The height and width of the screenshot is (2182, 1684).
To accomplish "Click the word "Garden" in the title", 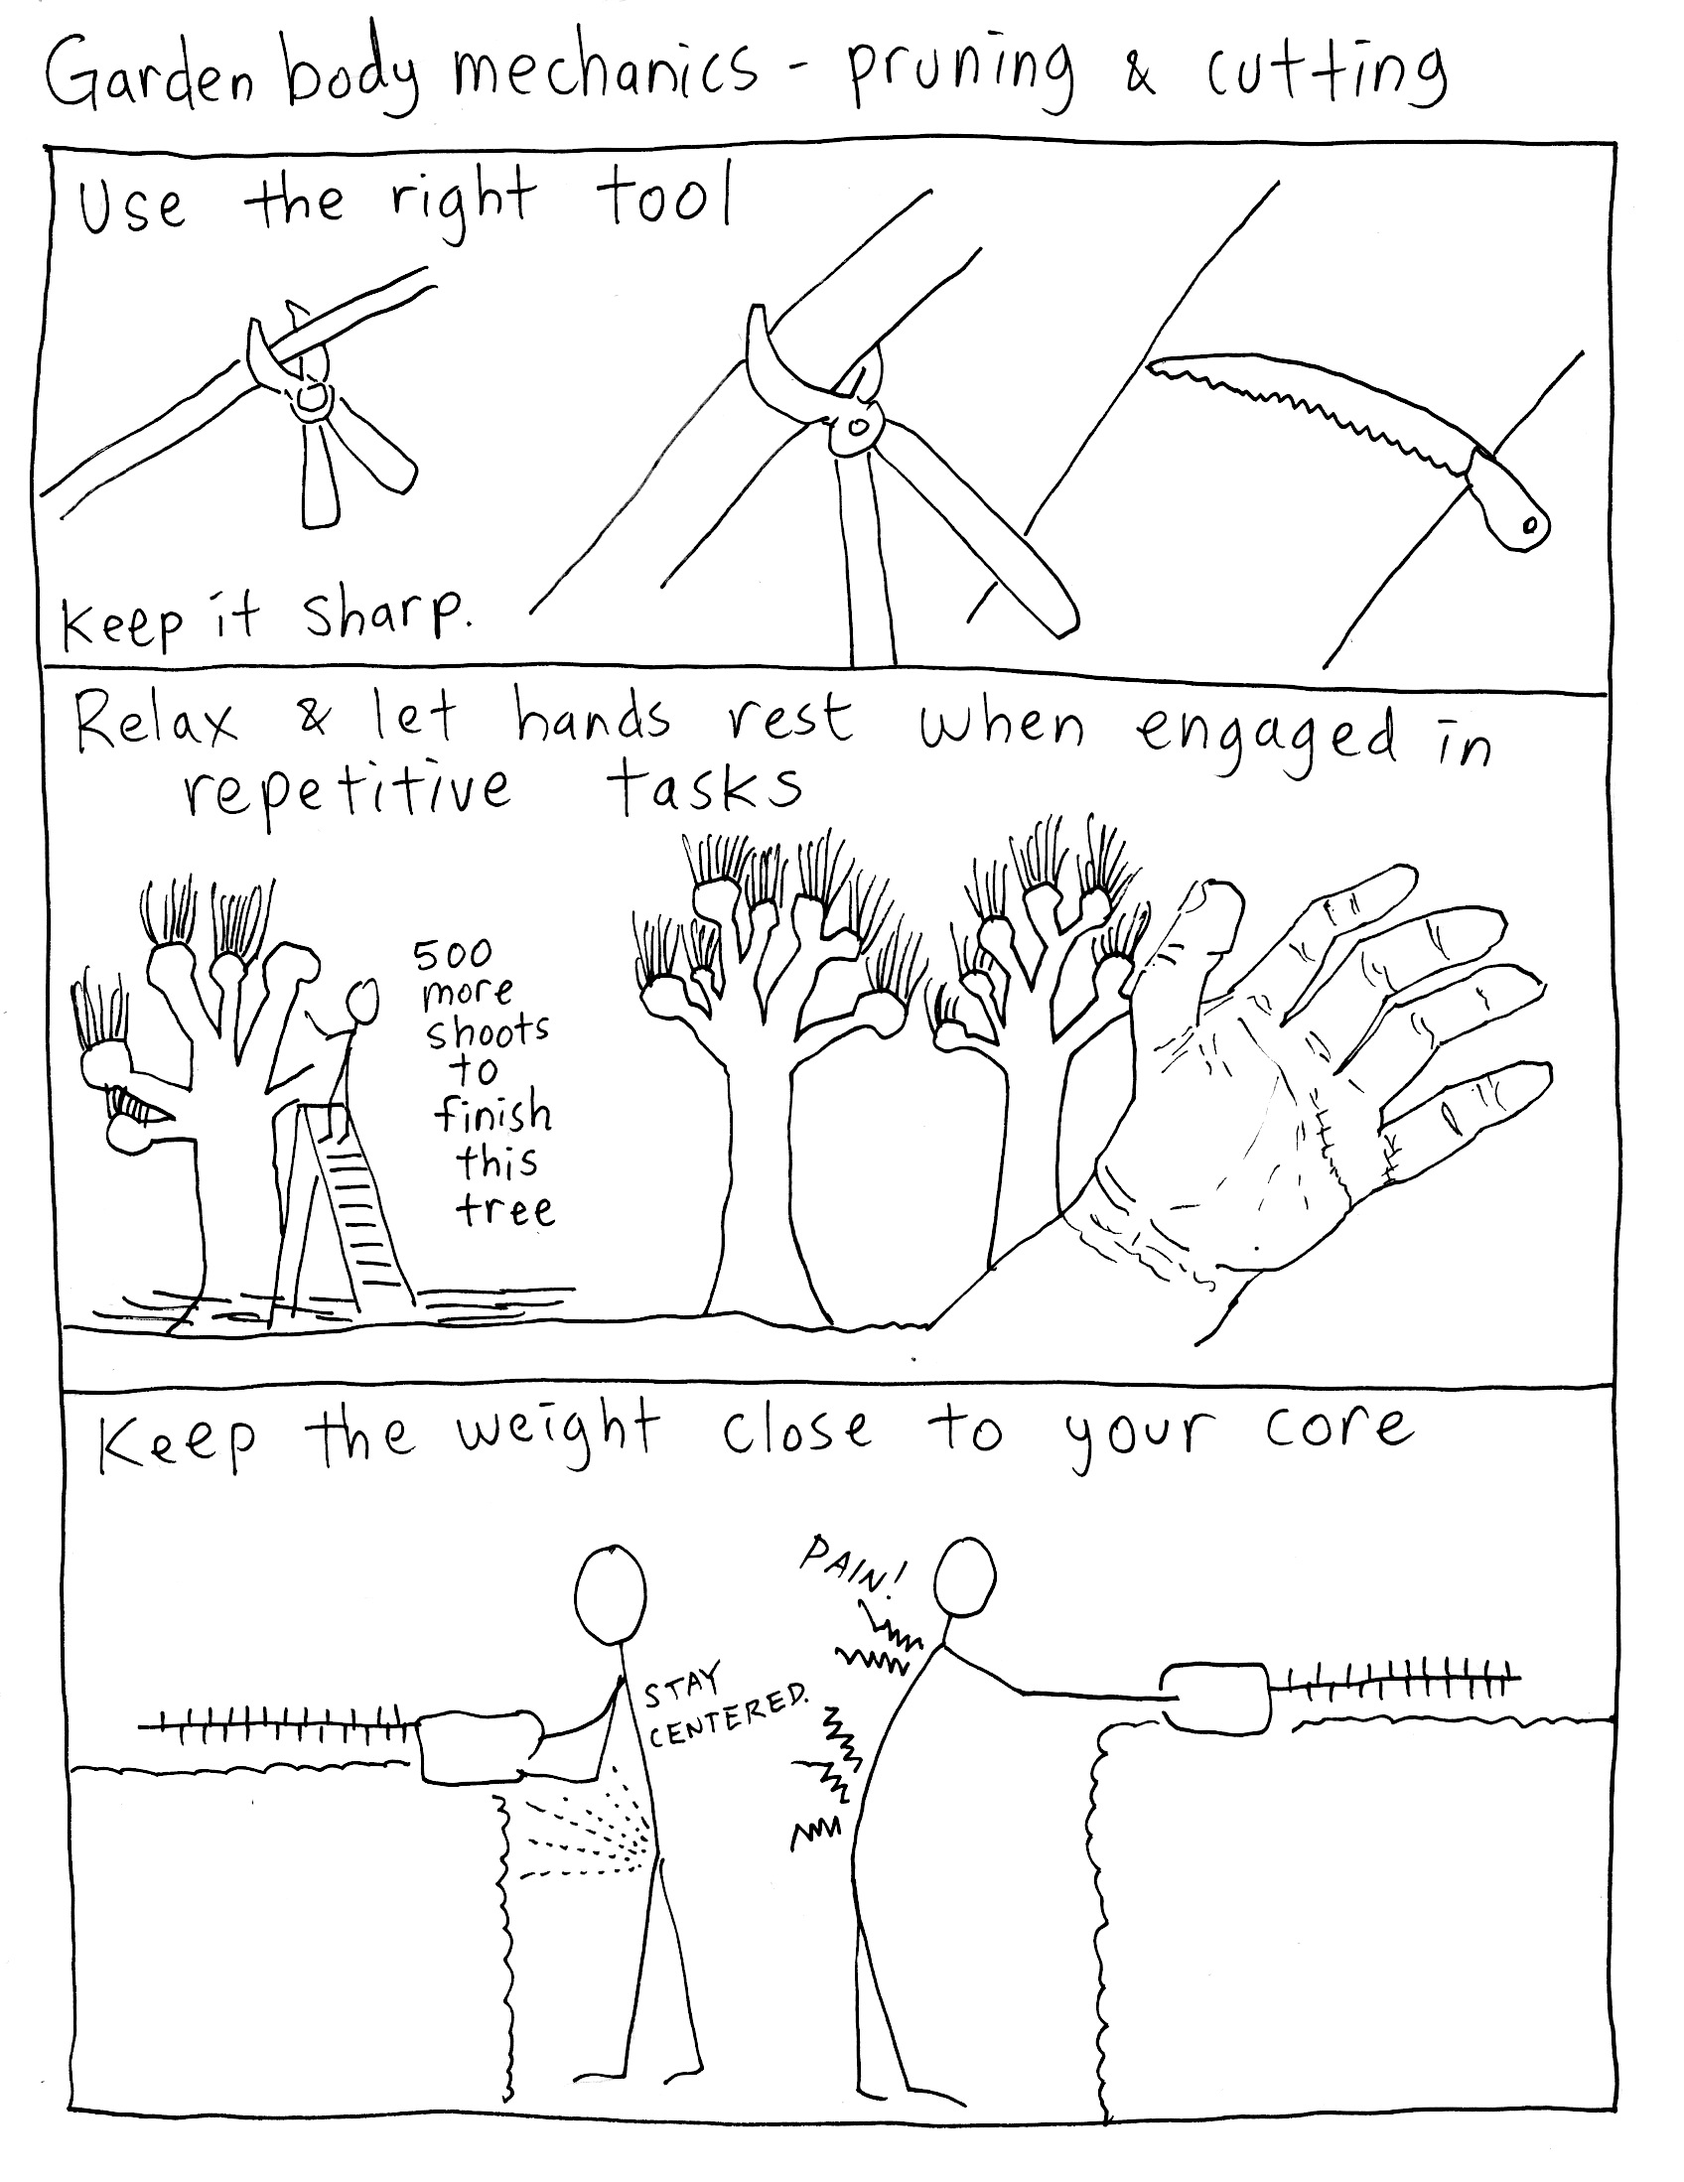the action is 149,76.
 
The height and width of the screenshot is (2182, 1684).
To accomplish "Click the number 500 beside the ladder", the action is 453,954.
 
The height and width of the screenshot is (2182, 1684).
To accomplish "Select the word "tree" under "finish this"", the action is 504,1210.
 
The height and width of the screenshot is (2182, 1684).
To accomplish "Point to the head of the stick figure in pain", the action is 964,1577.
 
